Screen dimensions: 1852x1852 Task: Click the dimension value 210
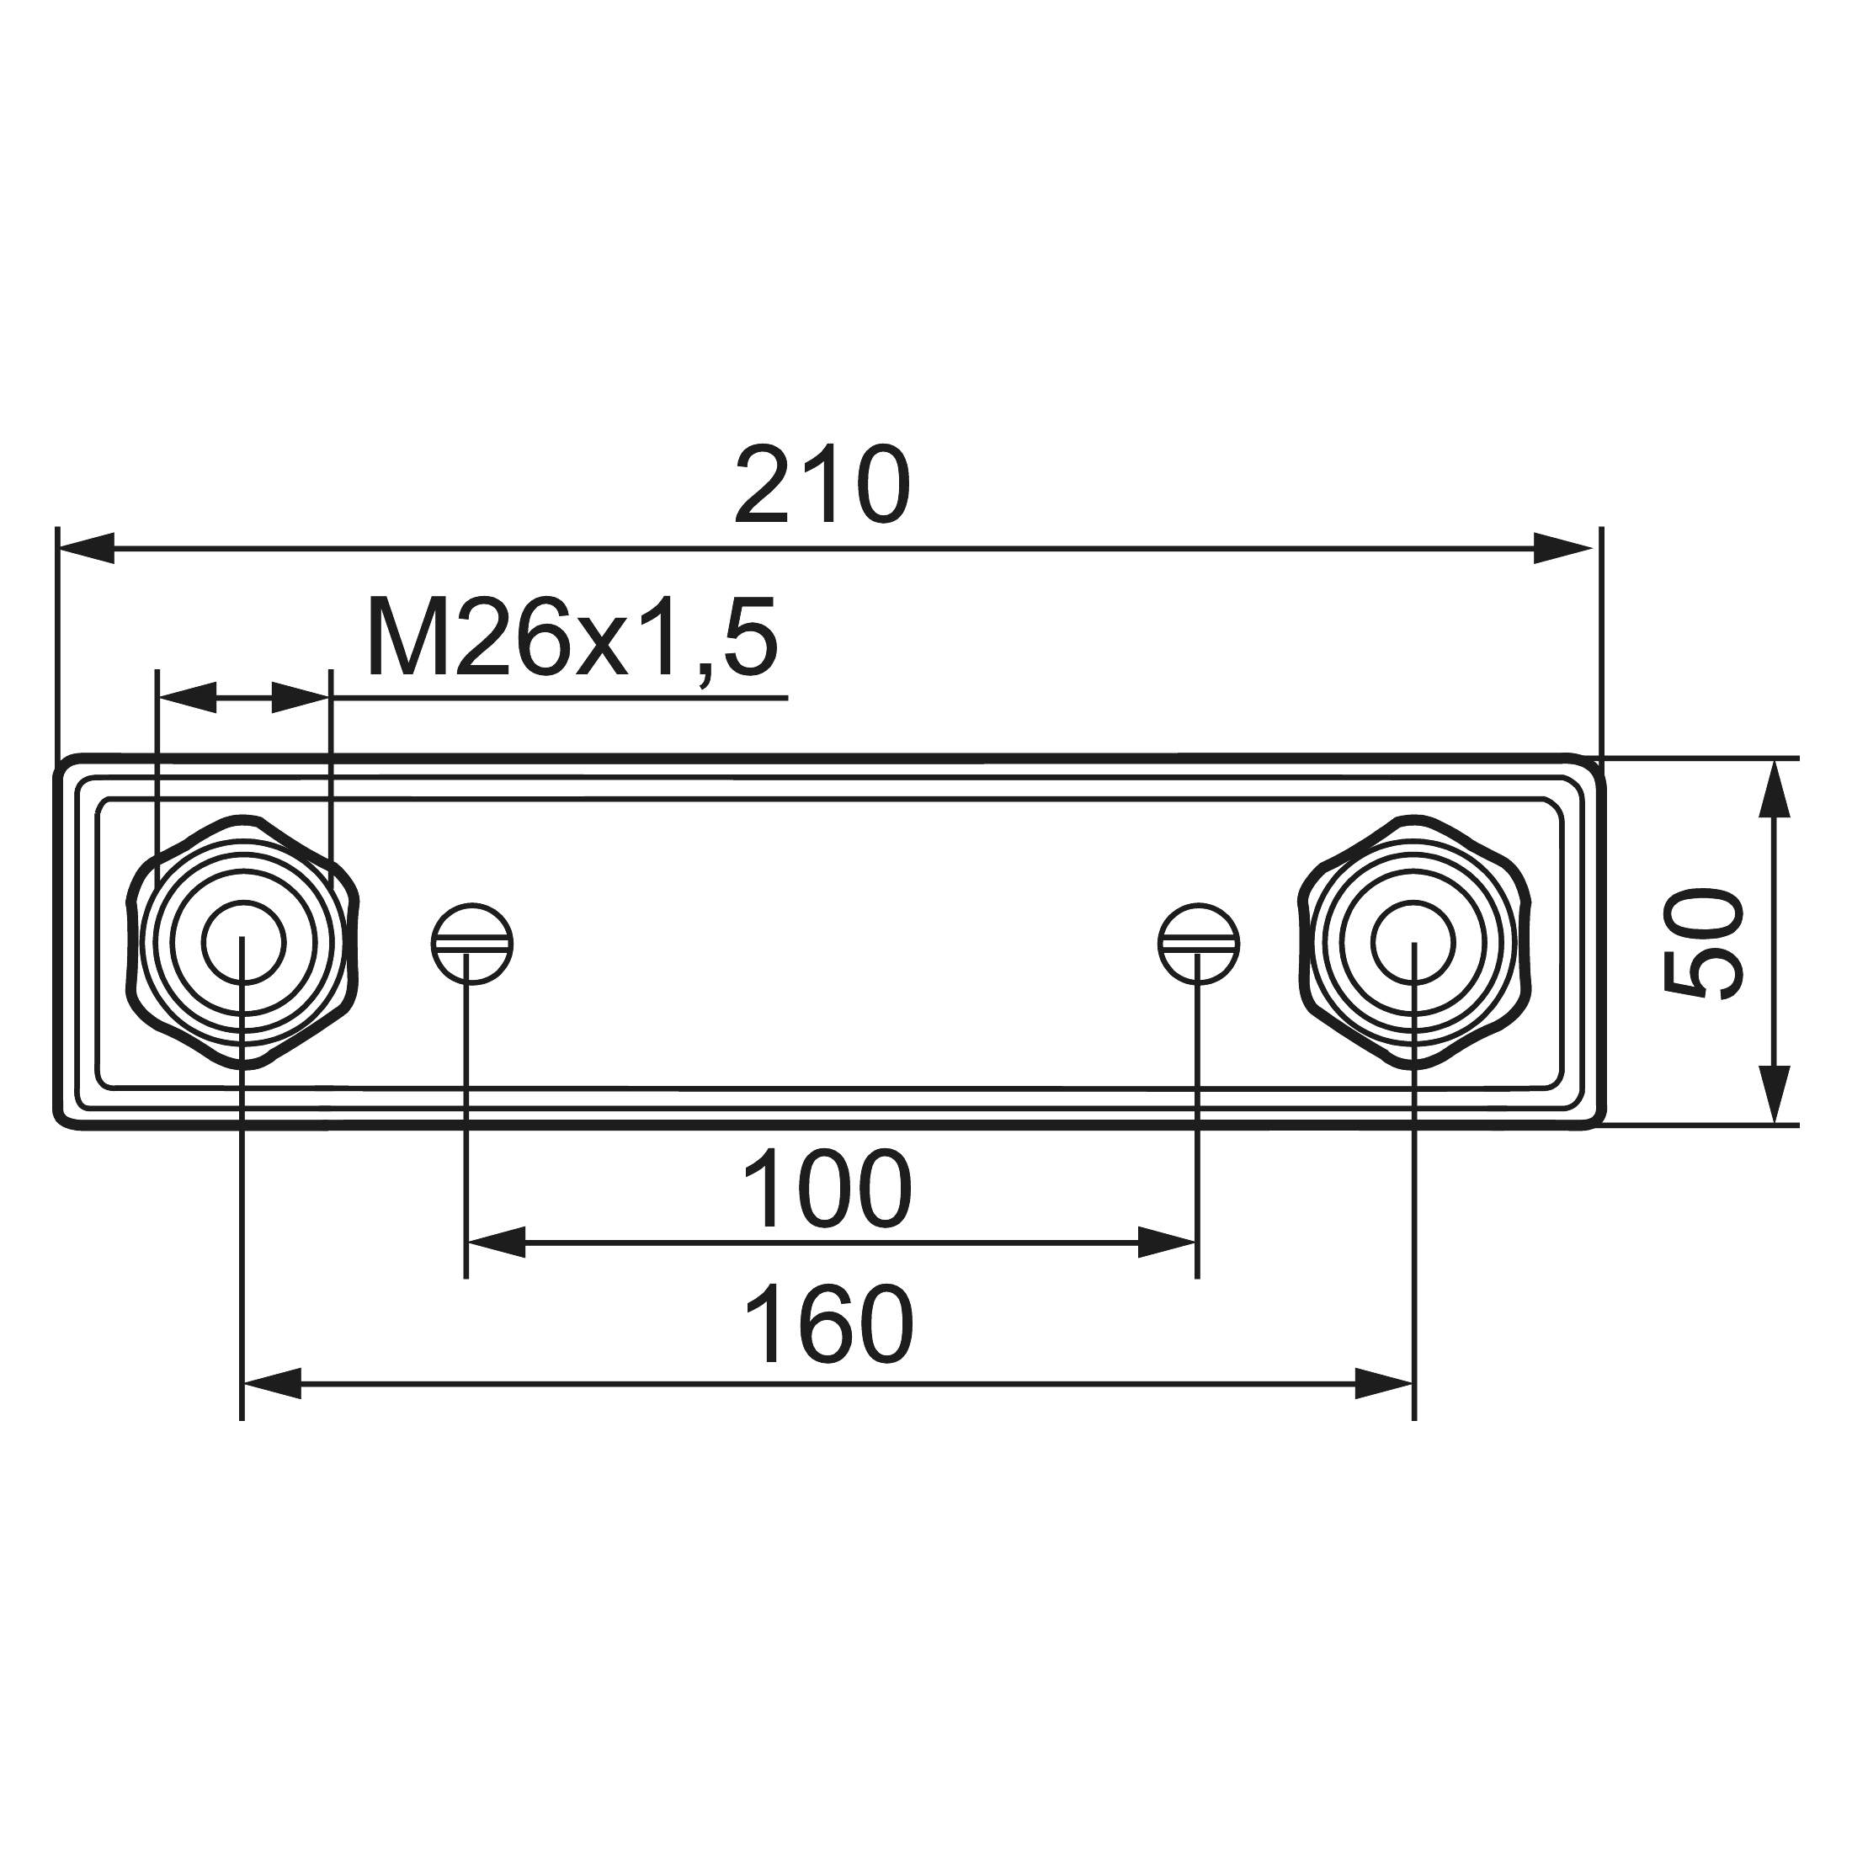pos(822,485)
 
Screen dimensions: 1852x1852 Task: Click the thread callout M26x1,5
pos(572,637)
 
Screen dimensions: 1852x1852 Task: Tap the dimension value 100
pos(827,1190)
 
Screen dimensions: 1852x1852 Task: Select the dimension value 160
pos(829,1327)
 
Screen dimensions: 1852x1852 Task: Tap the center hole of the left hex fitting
pos(243,942)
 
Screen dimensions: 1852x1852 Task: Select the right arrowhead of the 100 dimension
pos(1168,1243)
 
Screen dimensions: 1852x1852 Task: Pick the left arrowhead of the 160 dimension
pos(272,1384)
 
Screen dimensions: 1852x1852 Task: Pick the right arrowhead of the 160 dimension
pos(1384,1384)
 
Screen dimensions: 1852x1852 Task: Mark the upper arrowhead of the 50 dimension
pos(1775,788)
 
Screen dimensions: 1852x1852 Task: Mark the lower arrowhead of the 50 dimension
pos(1775,1094)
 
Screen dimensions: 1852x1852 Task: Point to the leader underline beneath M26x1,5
pos(575,698)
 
